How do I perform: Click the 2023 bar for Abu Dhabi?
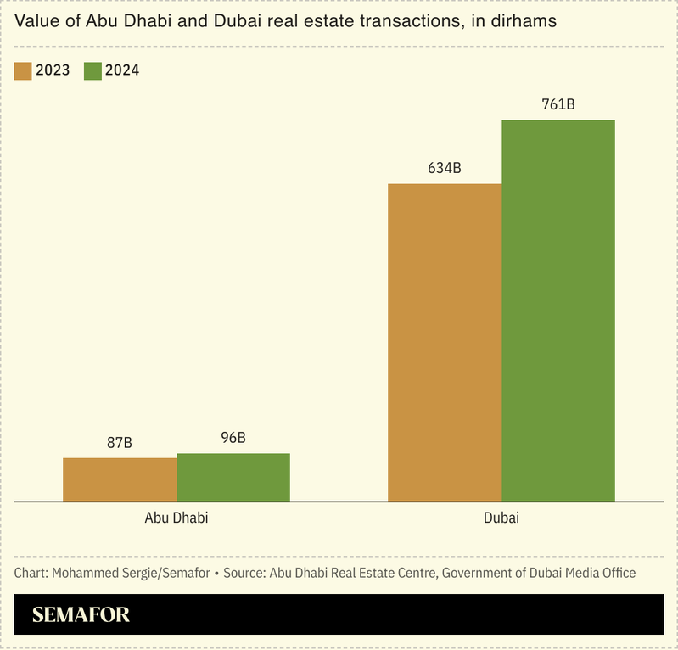click(120, 479)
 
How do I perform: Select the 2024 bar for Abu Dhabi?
click(233, 477)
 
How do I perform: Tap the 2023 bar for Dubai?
click(445, 342)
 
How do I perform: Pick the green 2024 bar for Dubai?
click(558, 311)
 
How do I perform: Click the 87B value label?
click(120, 443)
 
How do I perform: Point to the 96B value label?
click(233, 438)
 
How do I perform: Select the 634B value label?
click(445, 168)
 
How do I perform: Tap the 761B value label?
click(558, 105)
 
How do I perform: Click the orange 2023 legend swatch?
click(23, 70)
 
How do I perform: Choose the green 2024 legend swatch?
click(92, 70)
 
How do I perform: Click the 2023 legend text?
click(53, 70)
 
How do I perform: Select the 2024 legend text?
click(122, 70)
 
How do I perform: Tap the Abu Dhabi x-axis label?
click(177, 517)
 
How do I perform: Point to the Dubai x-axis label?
click(501, 517)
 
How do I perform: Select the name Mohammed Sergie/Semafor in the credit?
click(131, 573)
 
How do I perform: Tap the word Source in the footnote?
click(246, 573)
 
